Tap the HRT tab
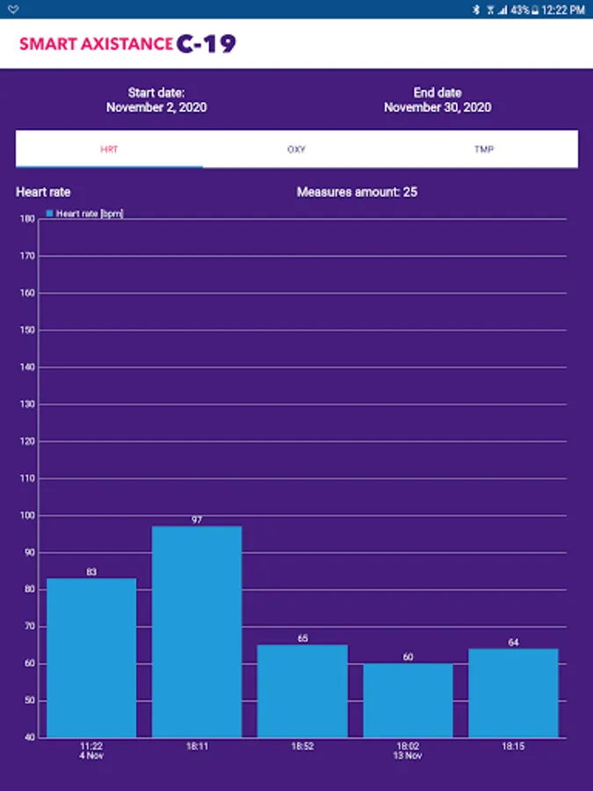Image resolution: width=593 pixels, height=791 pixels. coord(109,149)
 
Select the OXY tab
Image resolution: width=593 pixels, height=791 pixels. coord(296,149)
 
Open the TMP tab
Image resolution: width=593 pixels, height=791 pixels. coord(484,149)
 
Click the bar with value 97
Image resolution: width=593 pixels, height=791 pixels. coord(197,631)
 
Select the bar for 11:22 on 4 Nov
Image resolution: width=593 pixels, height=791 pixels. coord(91,657)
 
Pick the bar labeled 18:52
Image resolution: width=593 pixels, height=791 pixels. coord(302,691)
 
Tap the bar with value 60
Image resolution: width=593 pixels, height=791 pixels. coord(408,700)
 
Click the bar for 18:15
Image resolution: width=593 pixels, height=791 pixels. coord(513,693)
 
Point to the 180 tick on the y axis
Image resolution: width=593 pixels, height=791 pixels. coord(29,219)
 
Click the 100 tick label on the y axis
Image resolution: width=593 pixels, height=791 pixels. coord(29,516)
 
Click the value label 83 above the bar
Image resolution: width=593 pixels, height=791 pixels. coord(91,572)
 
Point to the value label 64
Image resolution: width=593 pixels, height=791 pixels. coord(513,642)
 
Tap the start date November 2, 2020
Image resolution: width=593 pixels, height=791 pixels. coord(156,107)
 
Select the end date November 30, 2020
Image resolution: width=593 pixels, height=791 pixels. coord(438,107)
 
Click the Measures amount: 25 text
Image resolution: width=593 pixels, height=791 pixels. coord(357,192)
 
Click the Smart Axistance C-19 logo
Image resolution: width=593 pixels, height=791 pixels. coord(127,43)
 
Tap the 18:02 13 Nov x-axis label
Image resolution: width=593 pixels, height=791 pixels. coord(408,751)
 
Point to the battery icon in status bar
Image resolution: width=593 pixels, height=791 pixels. coord(536,10)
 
